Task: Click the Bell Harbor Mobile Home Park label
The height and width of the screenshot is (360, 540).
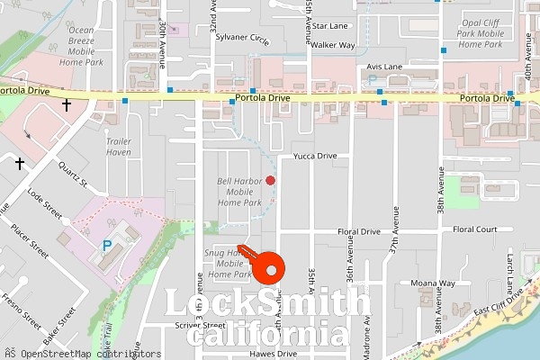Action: [x=239, y=192]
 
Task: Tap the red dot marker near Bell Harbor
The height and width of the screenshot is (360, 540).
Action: [x=270, y=180]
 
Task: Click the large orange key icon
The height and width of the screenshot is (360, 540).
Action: [x=267, y=265]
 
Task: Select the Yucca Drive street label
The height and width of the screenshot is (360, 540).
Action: [x=315, y=156]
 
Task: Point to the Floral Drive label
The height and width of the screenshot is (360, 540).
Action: [x=358, y=231]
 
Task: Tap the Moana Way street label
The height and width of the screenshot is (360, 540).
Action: [x=434, y=283]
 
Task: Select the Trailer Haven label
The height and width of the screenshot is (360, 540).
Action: [x=119, y=147]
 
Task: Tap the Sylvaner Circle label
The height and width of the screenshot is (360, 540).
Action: [x=243, y=40]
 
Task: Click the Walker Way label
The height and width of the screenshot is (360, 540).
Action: [x=333, y=44]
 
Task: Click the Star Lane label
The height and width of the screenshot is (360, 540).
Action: [x=330, y=27]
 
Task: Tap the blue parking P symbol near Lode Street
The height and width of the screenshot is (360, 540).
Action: [x=107, y=245]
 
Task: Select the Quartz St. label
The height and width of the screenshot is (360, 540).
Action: [x=71, y=176]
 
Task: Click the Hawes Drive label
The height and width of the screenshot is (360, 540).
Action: [x=274, y=354]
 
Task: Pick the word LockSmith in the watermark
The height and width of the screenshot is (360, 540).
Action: [x=267, y=303]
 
